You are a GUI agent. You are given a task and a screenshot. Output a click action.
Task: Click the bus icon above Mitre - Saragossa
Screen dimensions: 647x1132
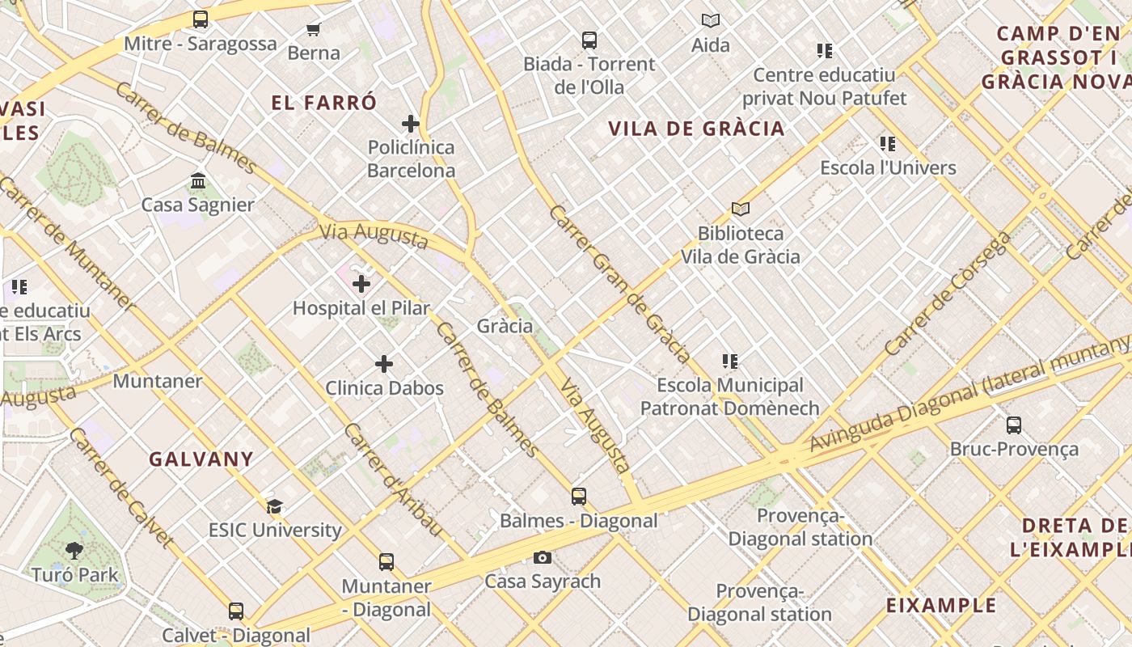click(201, 19)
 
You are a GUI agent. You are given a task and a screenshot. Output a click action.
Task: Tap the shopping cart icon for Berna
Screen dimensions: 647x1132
click(313, 30)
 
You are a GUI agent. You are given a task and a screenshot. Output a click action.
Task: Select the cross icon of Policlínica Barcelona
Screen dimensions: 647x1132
click(411, 124)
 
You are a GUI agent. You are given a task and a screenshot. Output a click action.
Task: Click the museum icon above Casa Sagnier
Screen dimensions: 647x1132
click(198, 180)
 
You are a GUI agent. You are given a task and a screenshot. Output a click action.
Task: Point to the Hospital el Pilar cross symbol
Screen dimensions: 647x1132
click(361, 284)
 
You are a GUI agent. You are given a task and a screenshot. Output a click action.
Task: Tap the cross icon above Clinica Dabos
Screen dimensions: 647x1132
click(384, 364)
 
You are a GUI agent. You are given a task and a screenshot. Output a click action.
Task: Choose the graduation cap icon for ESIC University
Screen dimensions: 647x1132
click(275, 506)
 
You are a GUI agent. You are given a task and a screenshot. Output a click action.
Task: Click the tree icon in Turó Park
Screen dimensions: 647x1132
click(74, 552)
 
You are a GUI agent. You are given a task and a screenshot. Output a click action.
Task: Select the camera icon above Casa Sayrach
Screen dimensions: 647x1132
click(543, 557)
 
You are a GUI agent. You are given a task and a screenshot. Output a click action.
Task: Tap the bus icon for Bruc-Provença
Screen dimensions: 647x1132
click(1014, 425)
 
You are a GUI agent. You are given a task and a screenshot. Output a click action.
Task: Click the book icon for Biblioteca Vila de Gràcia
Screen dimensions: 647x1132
click(740, 209)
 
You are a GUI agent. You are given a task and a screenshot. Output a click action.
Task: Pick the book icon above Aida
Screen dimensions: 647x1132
click(711, 21)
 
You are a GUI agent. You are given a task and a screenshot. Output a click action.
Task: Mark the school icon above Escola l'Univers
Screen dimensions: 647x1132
click(888, 144)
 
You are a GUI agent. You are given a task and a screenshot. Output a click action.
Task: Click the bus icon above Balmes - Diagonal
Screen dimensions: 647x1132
click(579, 497)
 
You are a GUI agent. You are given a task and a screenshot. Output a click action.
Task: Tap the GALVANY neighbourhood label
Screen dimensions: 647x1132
click(201, 459)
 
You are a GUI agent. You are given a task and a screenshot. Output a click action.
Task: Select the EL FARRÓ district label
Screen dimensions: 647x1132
click(323, 103)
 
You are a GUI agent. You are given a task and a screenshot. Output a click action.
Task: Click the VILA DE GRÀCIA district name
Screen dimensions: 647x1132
click(696, 129)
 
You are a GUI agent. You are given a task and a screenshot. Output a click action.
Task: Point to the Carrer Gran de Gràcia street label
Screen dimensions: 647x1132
click(619, 284)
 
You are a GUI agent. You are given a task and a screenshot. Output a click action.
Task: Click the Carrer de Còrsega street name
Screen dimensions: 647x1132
click(948, 294)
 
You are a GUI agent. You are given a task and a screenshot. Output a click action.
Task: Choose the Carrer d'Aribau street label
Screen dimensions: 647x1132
click(393, 479)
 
